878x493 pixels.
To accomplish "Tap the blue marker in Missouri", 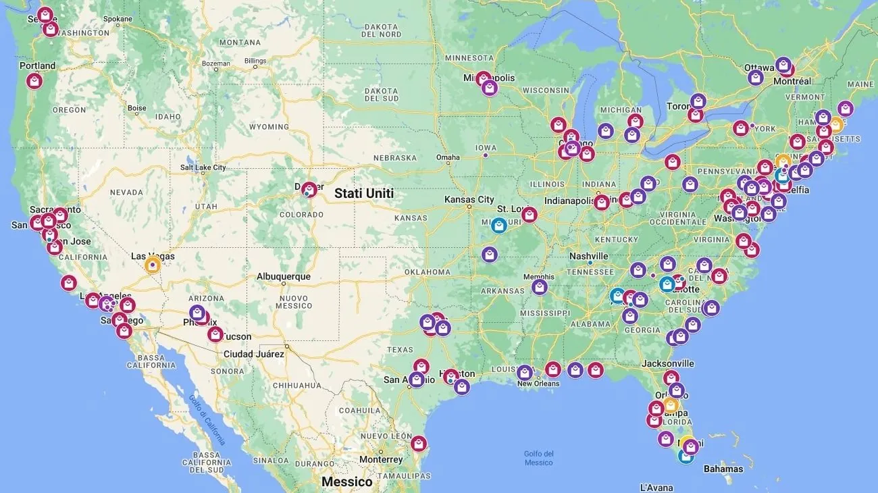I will point(499,225).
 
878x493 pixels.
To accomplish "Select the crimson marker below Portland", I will point(34,81).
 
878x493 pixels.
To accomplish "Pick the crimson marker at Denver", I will point(309,190).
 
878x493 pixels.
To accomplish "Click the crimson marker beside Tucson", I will point(215,334).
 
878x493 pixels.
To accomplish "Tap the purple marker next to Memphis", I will point(539,287).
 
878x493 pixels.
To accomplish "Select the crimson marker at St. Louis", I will point(530,215).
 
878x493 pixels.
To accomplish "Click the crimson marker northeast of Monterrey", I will point(419,443).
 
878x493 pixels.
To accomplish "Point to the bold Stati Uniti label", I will point(364,194).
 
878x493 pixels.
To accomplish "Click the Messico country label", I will point(347,482).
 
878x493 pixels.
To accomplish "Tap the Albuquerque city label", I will point(284,277).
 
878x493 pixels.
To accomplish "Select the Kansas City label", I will point(469,199).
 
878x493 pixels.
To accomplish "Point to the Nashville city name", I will point(588,256).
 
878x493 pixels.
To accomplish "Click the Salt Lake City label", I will point(203,167).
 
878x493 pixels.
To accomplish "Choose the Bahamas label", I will point(723,469).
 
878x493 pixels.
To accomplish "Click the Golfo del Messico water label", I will point(538,458).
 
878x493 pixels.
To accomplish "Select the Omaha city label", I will point(448,157).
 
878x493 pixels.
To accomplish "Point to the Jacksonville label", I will point(667,363).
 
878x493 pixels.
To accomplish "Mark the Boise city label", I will point(136,108).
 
